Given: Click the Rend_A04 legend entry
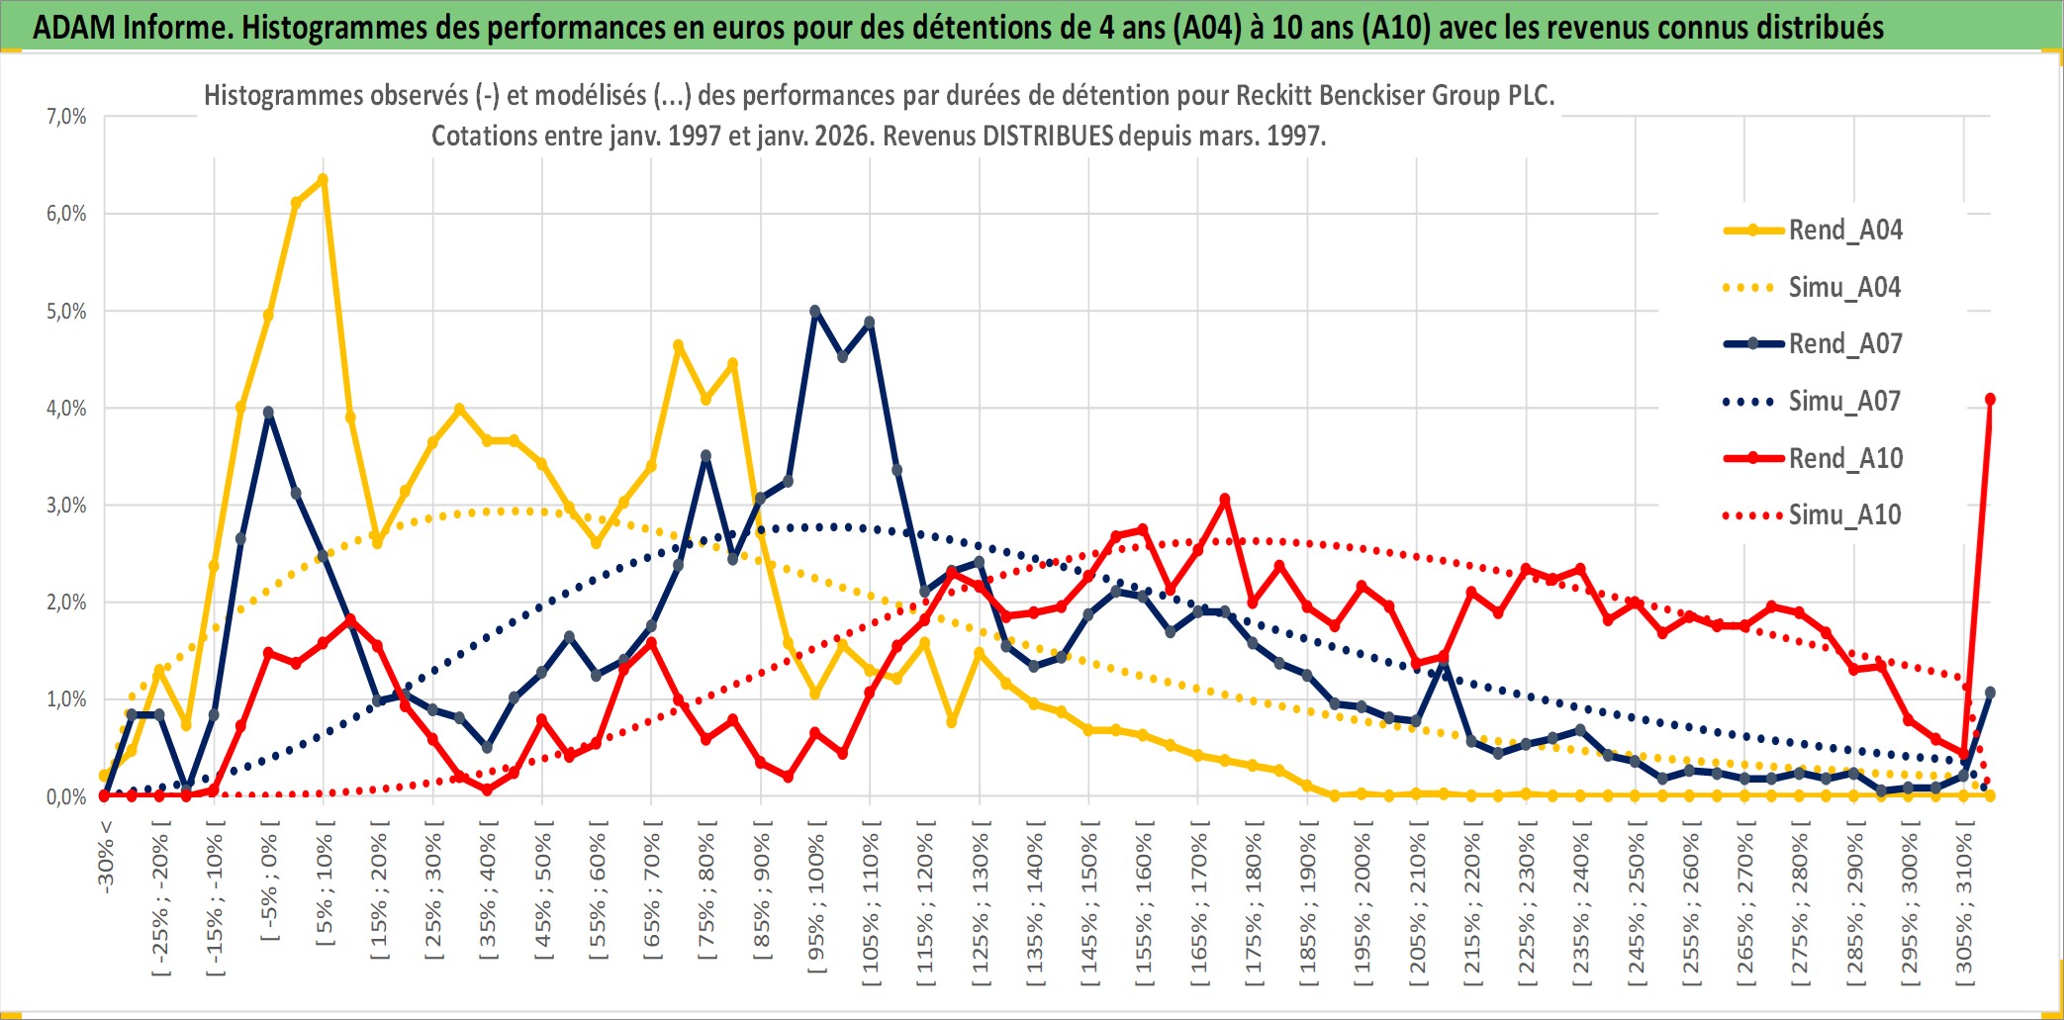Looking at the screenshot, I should point(1844,231).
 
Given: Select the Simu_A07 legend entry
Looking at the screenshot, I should point(1844,402).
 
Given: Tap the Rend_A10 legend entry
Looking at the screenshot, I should point(1844,458).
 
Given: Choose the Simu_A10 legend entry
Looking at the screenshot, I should point(1844,514).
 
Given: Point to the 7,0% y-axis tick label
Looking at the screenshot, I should point(66,117).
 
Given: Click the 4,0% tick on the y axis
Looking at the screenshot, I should point(66,408).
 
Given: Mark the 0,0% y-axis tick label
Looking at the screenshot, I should point(66,796).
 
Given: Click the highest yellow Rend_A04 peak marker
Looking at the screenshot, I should point(323,179).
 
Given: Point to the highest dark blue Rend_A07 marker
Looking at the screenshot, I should point(815,311).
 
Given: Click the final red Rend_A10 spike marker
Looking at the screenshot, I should point(1990,399).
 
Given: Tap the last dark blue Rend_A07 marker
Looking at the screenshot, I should point(1990,693).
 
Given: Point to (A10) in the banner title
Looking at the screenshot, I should point(1396,27).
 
